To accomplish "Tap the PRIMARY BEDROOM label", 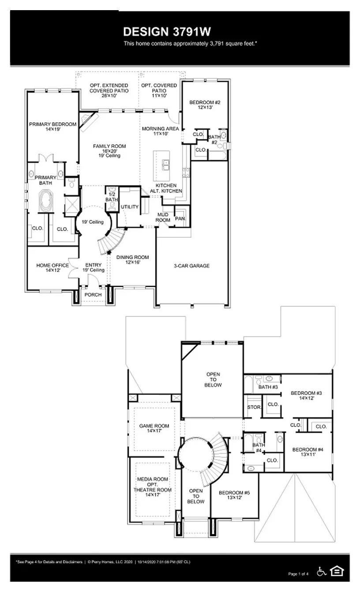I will tap(52, 124).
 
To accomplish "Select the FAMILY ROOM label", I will tap(109, 146).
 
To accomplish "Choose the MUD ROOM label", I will tap(163, 217).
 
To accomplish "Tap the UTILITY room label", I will tap(130, 206).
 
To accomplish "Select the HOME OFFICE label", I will tap(52, 265).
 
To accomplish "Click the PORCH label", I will tap(93, 295).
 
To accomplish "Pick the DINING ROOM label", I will tap(132, 257).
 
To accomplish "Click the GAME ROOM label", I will tap(154, 426).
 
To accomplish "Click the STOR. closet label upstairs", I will tap(253, 407).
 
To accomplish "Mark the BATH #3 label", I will tap(268, 387).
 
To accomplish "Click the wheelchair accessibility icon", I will tap(322, 571).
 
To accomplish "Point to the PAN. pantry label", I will tap(180, 218).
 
